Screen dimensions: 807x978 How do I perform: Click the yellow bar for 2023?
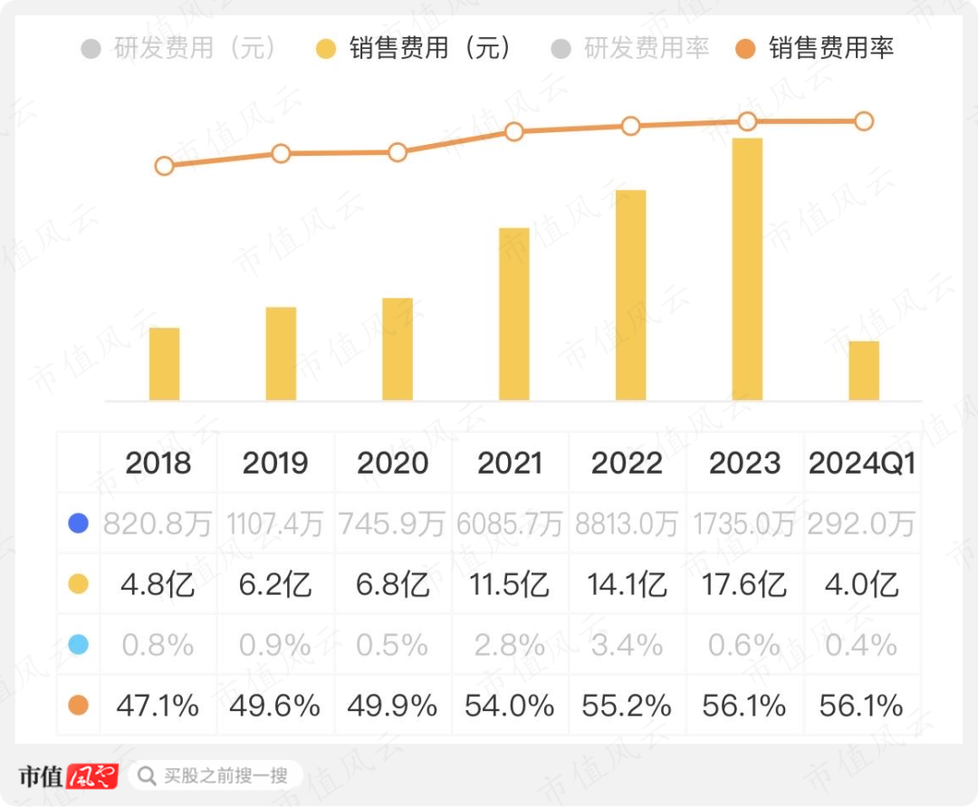(x=747, y=270)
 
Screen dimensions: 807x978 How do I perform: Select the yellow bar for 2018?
(x=164, y=364)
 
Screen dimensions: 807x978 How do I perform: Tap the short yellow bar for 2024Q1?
(x=864, y=371)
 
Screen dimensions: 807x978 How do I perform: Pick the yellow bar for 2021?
(x=514, y=314)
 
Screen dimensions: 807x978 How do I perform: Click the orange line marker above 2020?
(x=398, y=152)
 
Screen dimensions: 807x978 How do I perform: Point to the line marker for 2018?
(x=164, y=166)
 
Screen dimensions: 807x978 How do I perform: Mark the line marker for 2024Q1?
(x=864, y=120)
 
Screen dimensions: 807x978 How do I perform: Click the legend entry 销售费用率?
(x=815, y=48)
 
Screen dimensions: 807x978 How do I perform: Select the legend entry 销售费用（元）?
(x=418, y=48)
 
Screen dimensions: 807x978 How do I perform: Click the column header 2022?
(x=627, y=463)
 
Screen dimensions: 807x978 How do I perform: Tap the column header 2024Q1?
(x=862, y=463)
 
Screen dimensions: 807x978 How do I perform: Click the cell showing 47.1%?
(x=158, y=705)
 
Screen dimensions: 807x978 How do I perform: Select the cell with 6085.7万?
(x=510, y=524)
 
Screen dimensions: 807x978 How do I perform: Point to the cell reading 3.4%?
(x=627, y=644)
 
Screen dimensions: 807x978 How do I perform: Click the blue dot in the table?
(x=79, y=524)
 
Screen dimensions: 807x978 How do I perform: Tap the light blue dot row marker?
(x=79, y=644)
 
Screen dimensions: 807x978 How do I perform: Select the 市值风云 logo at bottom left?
(x=69, y=776)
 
